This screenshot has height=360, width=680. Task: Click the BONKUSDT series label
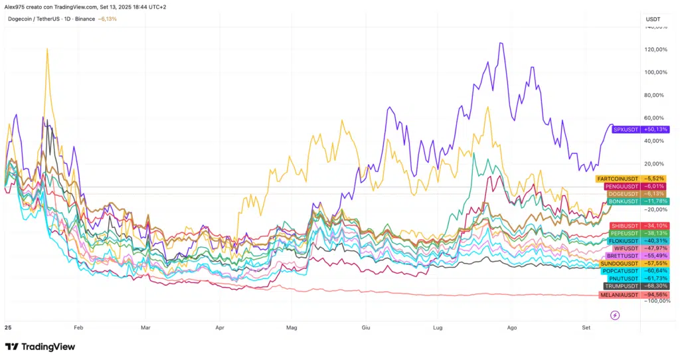(x=624, y=201)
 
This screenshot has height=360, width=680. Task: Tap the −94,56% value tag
(x=656, y=294)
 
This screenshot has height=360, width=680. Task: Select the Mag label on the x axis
(x=290, y=327)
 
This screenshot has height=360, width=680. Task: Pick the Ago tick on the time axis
(x=511, y=327)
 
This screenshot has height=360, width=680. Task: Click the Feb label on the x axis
(x=78, y=327)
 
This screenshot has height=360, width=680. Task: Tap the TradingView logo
(x=40, y=347)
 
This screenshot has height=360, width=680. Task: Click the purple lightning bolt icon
(x=615, y=315)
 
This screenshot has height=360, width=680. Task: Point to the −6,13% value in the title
(x=107, y=19)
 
